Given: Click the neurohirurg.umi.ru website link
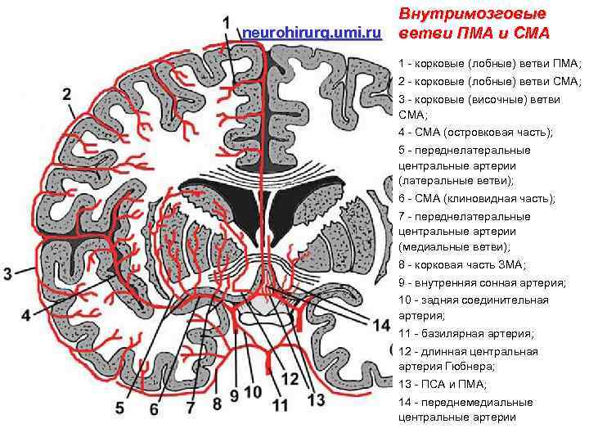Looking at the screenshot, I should click(312, 32).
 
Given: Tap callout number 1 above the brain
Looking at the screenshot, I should click(226, 25).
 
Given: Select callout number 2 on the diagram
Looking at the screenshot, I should click(66, 93).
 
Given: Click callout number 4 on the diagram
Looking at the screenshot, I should click(27, 315).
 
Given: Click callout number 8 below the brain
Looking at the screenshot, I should click(217, 403).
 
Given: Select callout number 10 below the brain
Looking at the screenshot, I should click(254, 393).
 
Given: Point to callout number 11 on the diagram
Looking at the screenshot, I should click(280, 404).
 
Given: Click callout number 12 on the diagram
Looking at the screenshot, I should click(290, 378).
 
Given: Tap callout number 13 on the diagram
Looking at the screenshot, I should click(315, 399).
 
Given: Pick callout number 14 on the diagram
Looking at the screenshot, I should click(380, 325).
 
